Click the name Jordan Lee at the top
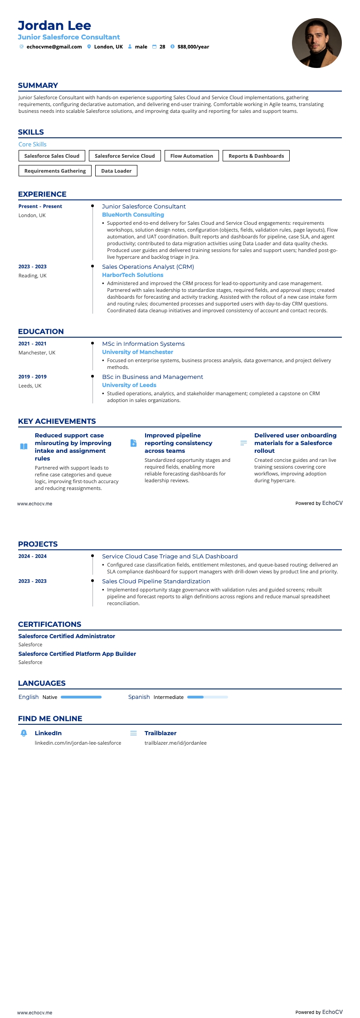pos(54,25)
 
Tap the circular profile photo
pos(316,43)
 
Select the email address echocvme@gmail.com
pos(54,47)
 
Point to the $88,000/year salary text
pos(193,47)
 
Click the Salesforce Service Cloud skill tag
pos(125,156)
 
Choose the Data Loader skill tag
pos(116,171)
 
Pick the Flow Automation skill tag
pos(191,156)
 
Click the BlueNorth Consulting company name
pos(133,215)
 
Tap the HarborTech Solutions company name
pos(132,275)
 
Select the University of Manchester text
pos(137,352)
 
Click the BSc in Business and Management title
pos(152,377)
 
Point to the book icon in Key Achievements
pos(24,446)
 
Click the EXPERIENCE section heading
pos(42,194)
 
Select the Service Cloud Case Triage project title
pos(170,557)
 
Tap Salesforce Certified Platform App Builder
pos(77,654)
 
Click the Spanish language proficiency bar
pos(207,697)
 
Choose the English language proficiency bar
pos(81,697)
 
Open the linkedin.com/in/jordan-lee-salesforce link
pos(78,743)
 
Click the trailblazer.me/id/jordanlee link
pos(175,743)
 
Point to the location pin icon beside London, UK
pos(89,47)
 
